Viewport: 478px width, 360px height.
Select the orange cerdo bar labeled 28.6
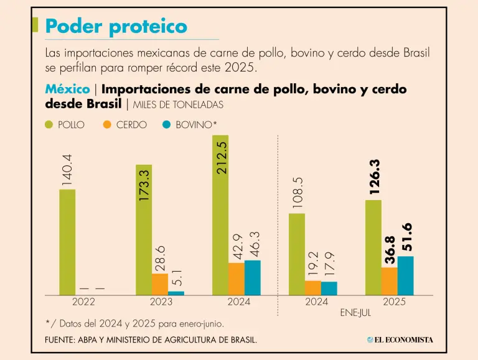160,284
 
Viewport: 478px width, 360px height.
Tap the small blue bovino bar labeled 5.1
176,292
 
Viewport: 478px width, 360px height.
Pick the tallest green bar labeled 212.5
220,215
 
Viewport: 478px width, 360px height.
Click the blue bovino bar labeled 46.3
253,277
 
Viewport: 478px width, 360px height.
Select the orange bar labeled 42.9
237,279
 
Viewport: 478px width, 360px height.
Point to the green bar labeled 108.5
297,254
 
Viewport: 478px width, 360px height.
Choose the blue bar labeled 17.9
329,288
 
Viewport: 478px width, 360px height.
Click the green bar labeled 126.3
373,247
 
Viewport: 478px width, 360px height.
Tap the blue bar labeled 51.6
406,275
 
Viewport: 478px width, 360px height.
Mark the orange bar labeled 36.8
390,281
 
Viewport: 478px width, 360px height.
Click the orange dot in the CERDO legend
107,124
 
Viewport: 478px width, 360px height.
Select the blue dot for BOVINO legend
166,124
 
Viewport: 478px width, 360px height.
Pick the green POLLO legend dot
49,124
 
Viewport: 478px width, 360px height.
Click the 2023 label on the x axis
160,302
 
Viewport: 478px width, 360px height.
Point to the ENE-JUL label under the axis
355,313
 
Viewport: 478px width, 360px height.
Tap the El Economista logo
400,339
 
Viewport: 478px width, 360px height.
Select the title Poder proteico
116,26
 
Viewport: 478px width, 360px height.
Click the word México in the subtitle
67,90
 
